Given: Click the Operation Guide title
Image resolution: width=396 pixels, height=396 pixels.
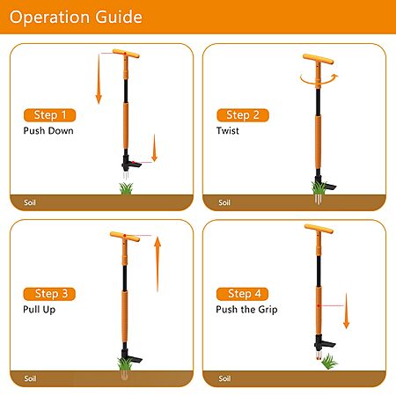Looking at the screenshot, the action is tap(76, 17).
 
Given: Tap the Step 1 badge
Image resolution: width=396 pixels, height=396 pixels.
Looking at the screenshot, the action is tap(50, 115).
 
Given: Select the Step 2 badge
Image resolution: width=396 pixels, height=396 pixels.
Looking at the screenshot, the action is tap(243, 115).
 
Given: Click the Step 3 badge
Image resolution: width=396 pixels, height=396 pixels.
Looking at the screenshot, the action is tap(49, 294).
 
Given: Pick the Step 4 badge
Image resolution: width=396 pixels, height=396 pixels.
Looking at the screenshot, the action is tap(243, 294).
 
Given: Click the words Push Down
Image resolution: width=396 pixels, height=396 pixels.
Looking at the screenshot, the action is tap(48, 131).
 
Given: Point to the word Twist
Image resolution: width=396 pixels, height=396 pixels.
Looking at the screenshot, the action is tap(228, 131).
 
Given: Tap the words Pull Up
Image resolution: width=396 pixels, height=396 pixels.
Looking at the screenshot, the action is tap(40, 310).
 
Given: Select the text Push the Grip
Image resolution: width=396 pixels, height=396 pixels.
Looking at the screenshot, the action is tap(246, 310).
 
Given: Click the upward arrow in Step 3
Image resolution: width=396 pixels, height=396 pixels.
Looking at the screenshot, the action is tap(158, 264).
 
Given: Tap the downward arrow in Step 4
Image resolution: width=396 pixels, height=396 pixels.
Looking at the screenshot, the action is tap(347, 311).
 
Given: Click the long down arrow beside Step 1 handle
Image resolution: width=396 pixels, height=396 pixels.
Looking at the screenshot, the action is tap(99, 79).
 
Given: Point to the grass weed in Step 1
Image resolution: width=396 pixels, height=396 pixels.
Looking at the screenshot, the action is tap(126, 188).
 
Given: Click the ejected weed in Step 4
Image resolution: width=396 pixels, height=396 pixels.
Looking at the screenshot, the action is tap(329, 362).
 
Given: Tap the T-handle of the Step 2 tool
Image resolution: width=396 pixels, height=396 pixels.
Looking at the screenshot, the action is tap(319, 59).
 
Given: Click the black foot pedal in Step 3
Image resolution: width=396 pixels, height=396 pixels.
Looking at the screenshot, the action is tap(135, 359).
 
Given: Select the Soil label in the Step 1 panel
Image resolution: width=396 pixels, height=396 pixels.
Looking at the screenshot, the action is tap(30, 202).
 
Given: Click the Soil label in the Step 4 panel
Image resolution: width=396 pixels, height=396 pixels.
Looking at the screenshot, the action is tap(224, 378).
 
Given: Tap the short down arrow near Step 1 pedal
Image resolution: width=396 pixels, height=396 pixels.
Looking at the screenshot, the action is tap(154, 148).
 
